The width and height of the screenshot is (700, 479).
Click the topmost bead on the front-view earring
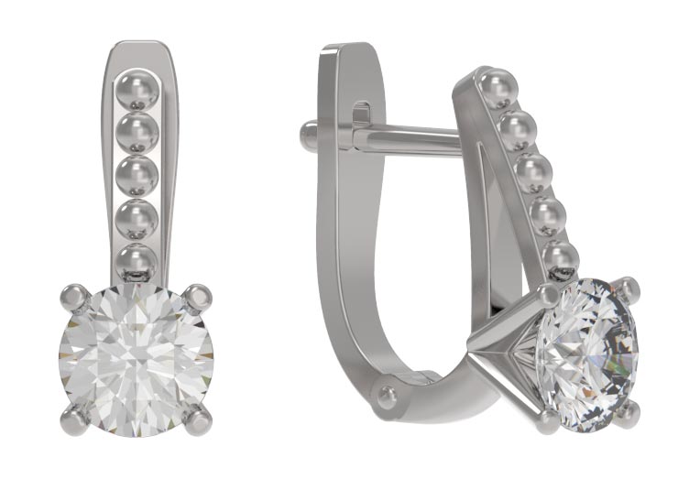pos(138,92)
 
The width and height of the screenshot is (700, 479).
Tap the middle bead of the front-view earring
pos(138,175)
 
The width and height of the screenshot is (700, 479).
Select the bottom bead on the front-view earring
pos(137,260)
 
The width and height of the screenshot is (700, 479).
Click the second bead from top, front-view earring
pos(138,132)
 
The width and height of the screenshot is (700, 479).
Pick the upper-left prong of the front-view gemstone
pos(74,297)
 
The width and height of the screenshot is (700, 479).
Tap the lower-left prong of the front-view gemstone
pos(74,419)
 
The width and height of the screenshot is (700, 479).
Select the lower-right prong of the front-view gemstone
pos(198,419)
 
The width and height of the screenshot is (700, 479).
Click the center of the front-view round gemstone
pos(137,358)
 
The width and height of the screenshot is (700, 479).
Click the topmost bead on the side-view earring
pos(498,88)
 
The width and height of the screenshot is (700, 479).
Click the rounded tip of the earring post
pos(309,136)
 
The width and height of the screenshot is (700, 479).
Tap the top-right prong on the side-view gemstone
pos(628,289)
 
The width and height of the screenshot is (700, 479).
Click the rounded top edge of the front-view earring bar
pos(139,46)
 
